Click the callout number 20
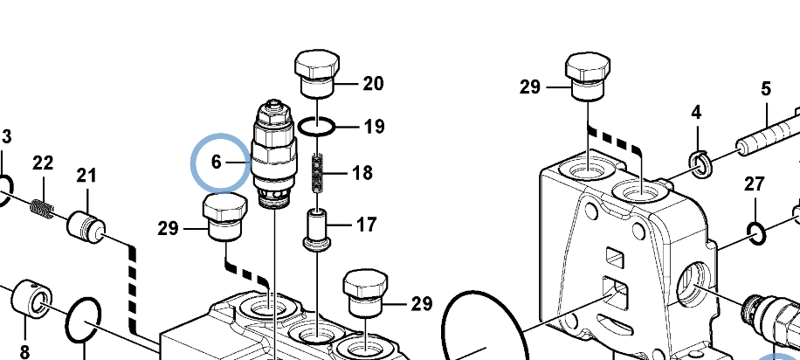tap(373, 84)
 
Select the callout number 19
tap(374, 127)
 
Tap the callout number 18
tap(362, 172)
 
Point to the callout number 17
tap(366, 225)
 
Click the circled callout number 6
tap(217, 163)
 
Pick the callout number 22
tap(43, 163)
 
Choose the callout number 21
tap(86, 176)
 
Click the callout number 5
tap(766, 88)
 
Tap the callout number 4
tap(696, 113)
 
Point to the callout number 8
tap(24, 351)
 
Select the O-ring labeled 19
tap(316, 127)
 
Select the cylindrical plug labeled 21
tap(86, 226)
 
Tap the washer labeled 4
tap(700, 161)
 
